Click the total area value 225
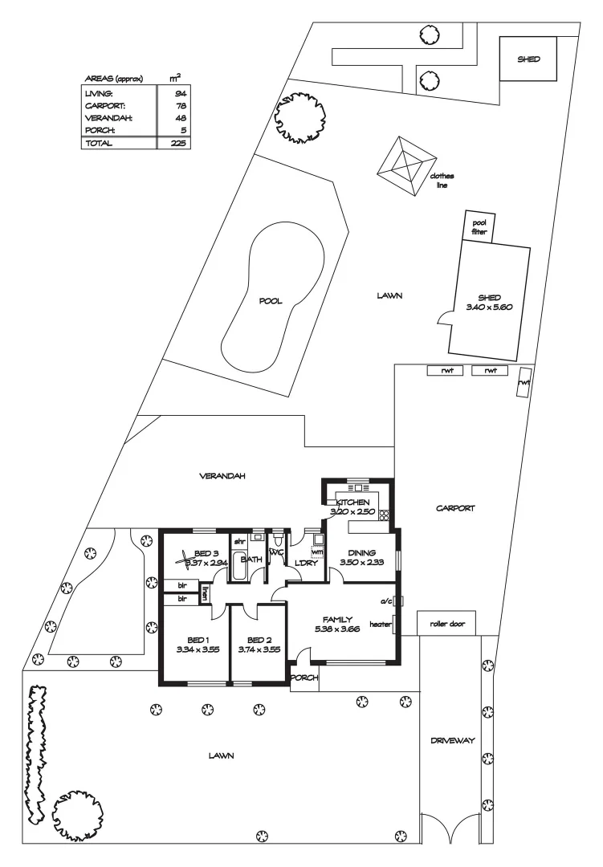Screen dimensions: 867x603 pyautogui.click(x=180, y=144)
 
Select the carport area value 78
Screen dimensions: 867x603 pyautogui.click(x=181, y=105)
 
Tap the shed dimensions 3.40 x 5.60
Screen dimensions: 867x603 pyautogui.click(x=488, y=307)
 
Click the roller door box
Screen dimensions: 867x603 pyautogui.click(x=447, y=623)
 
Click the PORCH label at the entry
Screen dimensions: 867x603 pyautogui.click(x=304, y=678)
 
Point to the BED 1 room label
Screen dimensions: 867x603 pyautogui.click(x=191, y=640)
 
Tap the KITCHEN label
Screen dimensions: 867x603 pyautogui.click(x=352, y=502)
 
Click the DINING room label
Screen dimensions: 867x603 pyautogui.click(x=361, y=552)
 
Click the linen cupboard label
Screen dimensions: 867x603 pyautogui.click(x=205, y=595)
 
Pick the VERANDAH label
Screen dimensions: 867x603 pyautogui.click(x=222, y=476)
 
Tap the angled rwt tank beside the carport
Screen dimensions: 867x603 pyautogui.click(x=524, y=381)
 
